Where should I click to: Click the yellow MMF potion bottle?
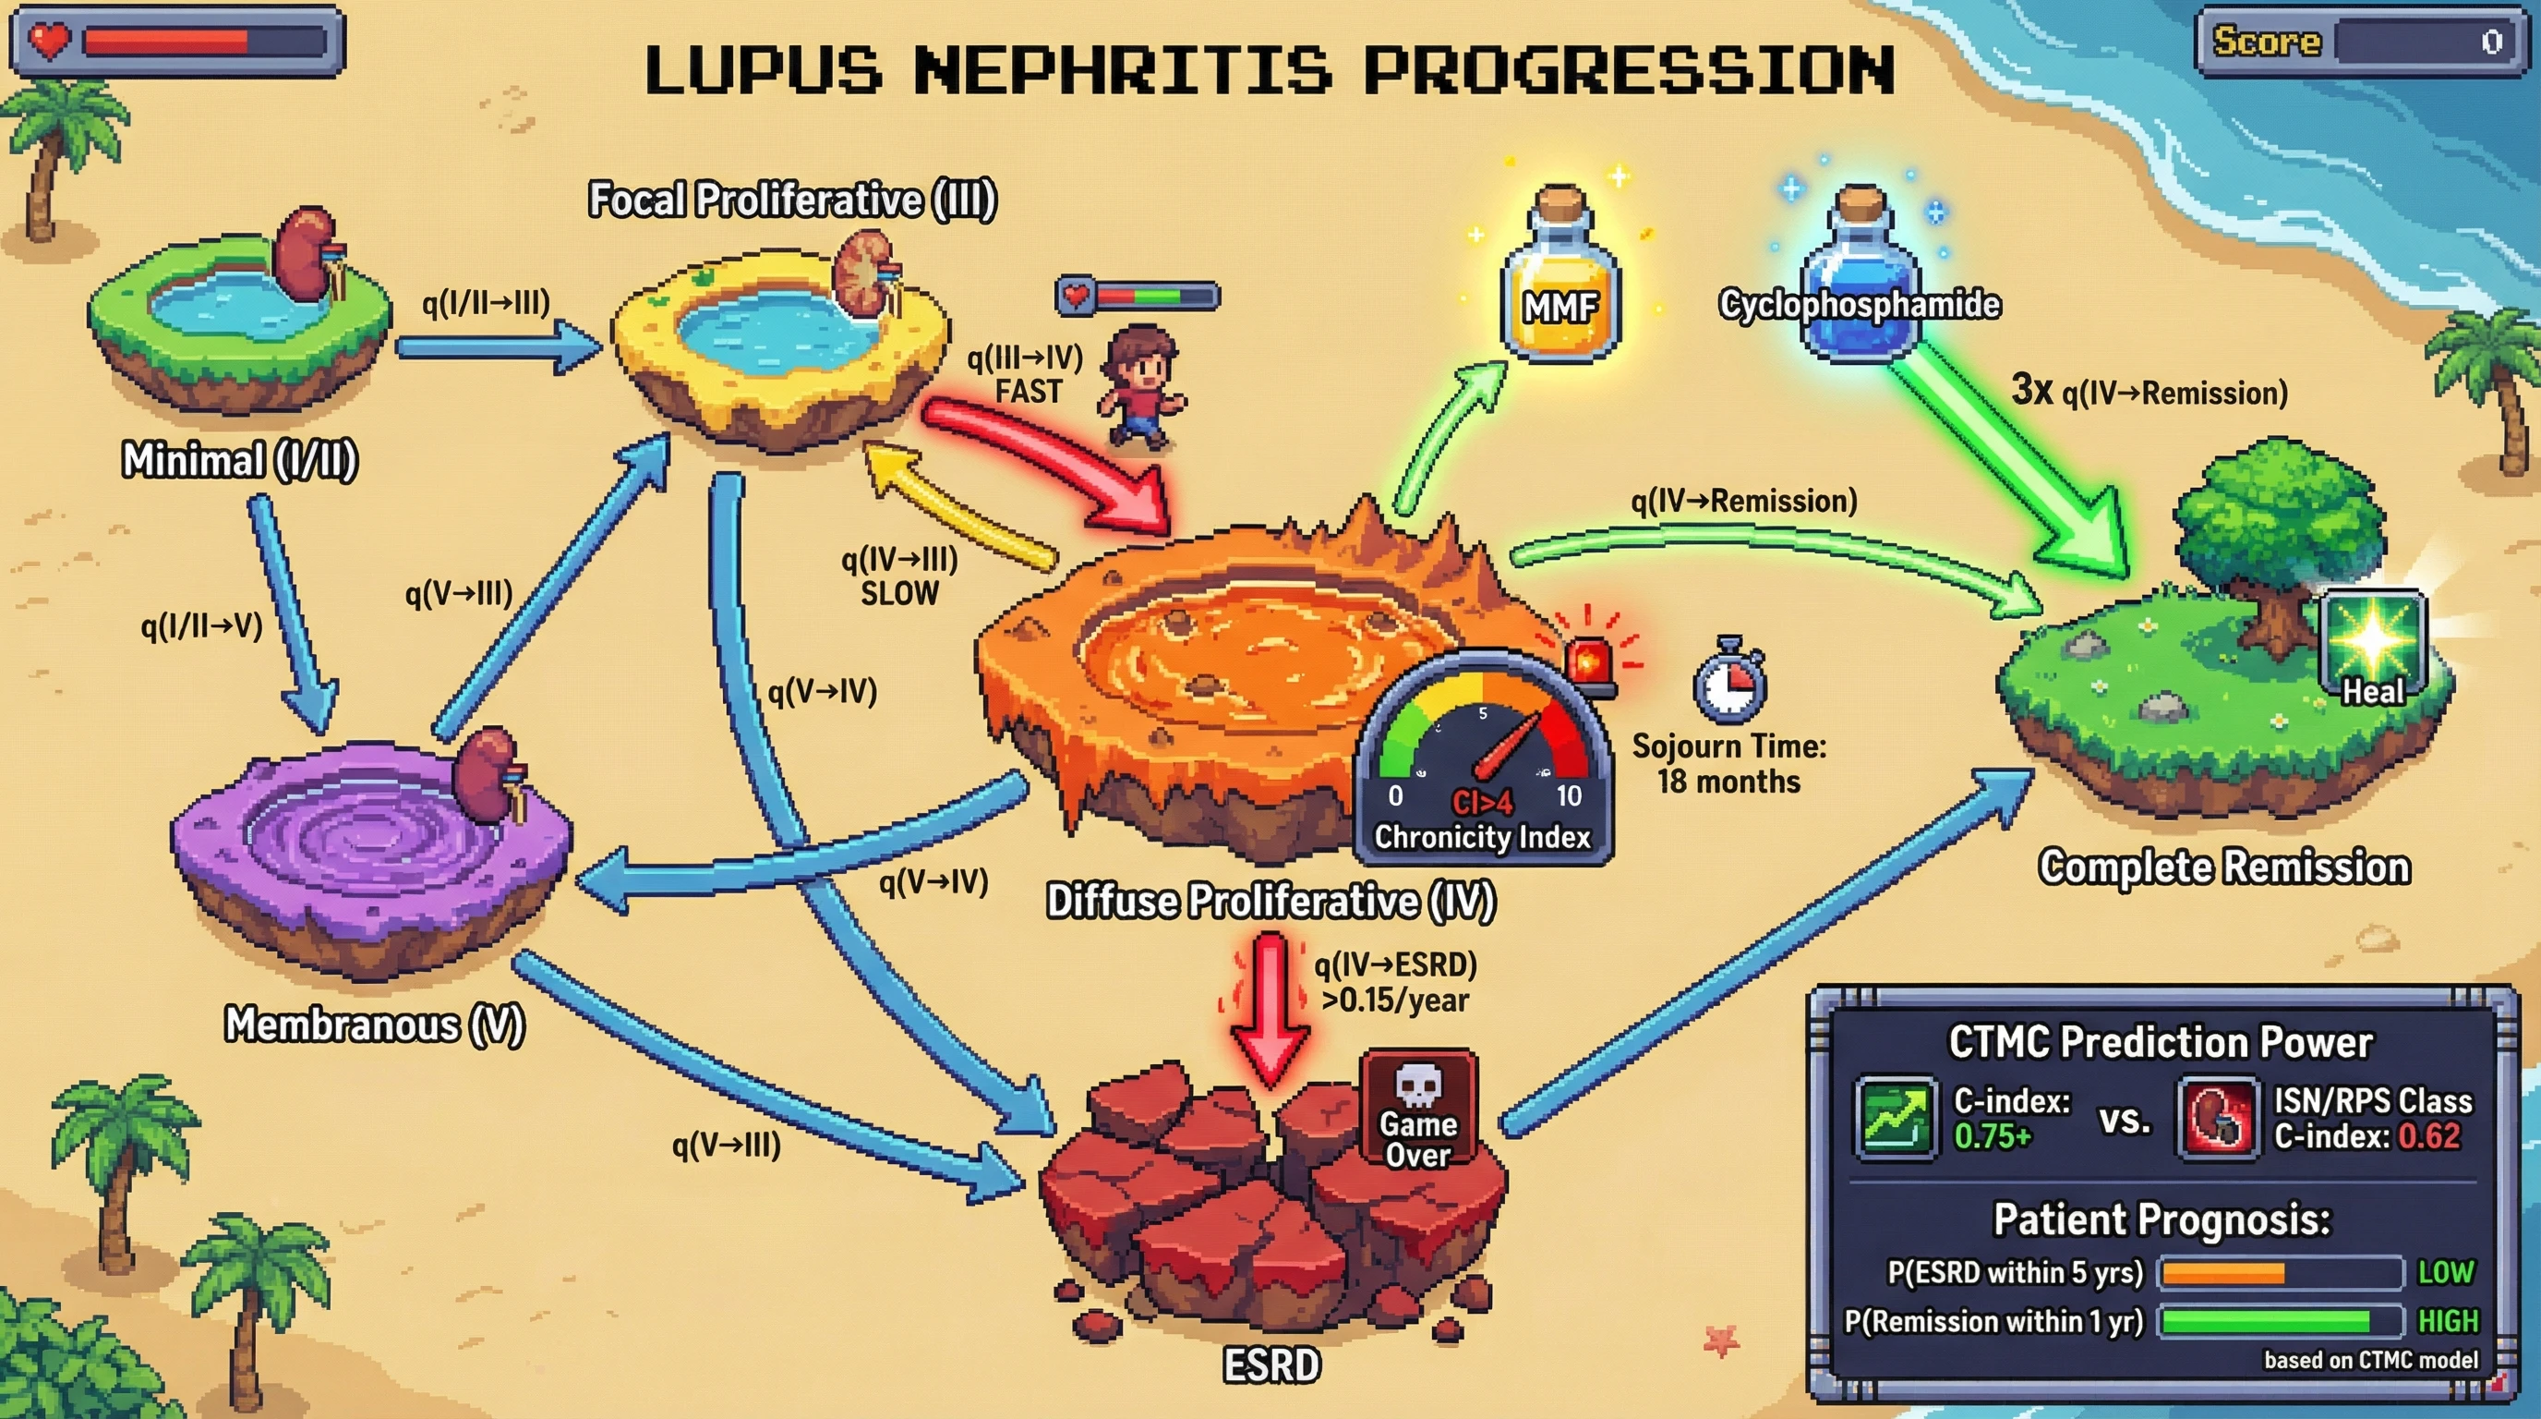coord(1560,286)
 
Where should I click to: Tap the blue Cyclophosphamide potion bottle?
coord(1860,281)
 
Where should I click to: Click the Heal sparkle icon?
coord(2372,647)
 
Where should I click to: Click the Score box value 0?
coord(2492,42)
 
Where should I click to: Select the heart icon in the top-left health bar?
coord(48,40)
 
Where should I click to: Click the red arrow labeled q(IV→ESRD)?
coord(1270,1007)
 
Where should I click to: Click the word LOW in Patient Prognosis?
coord(2445,1273)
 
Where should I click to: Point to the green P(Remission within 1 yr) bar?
coord(2265,1321)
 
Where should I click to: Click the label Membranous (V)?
coord(375,1025)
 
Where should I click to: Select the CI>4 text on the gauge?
coord(1482,801)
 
